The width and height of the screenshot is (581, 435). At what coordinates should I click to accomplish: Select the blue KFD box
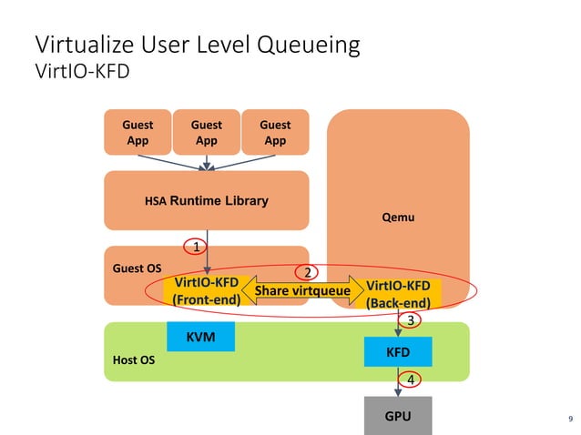click(x=398, y=351)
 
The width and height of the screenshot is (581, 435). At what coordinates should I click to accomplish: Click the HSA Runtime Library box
click(x=207, y=200)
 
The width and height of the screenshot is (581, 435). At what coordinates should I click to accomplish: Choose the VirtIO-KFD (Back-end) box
click(x=398, y=294)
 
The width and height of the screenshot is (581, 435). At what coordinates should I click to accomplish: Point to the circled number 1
click(x=194, y=246)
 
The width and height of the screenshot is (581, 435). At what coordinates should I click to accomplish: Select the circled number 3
click(x=412, y=320)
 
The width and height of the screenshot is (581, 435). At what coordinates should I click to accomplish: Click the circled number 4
click(x=411, y=379)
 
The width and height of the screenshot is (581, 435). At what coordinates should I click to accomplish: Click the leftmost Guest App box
click(x=138, y=132)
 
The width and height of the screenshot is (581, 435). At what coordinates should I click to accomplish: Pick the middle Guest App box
click(x=207, y=132)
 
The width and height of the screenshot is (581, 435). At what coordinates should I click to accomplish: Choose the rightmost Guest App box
click(x=275, y=132)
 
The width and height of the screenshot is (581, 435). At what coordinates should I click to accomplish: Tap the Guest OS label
click(x=131, y=268)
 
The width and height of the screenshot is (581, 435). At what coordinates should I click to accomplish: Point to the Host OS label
click(x=133, y=360)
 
